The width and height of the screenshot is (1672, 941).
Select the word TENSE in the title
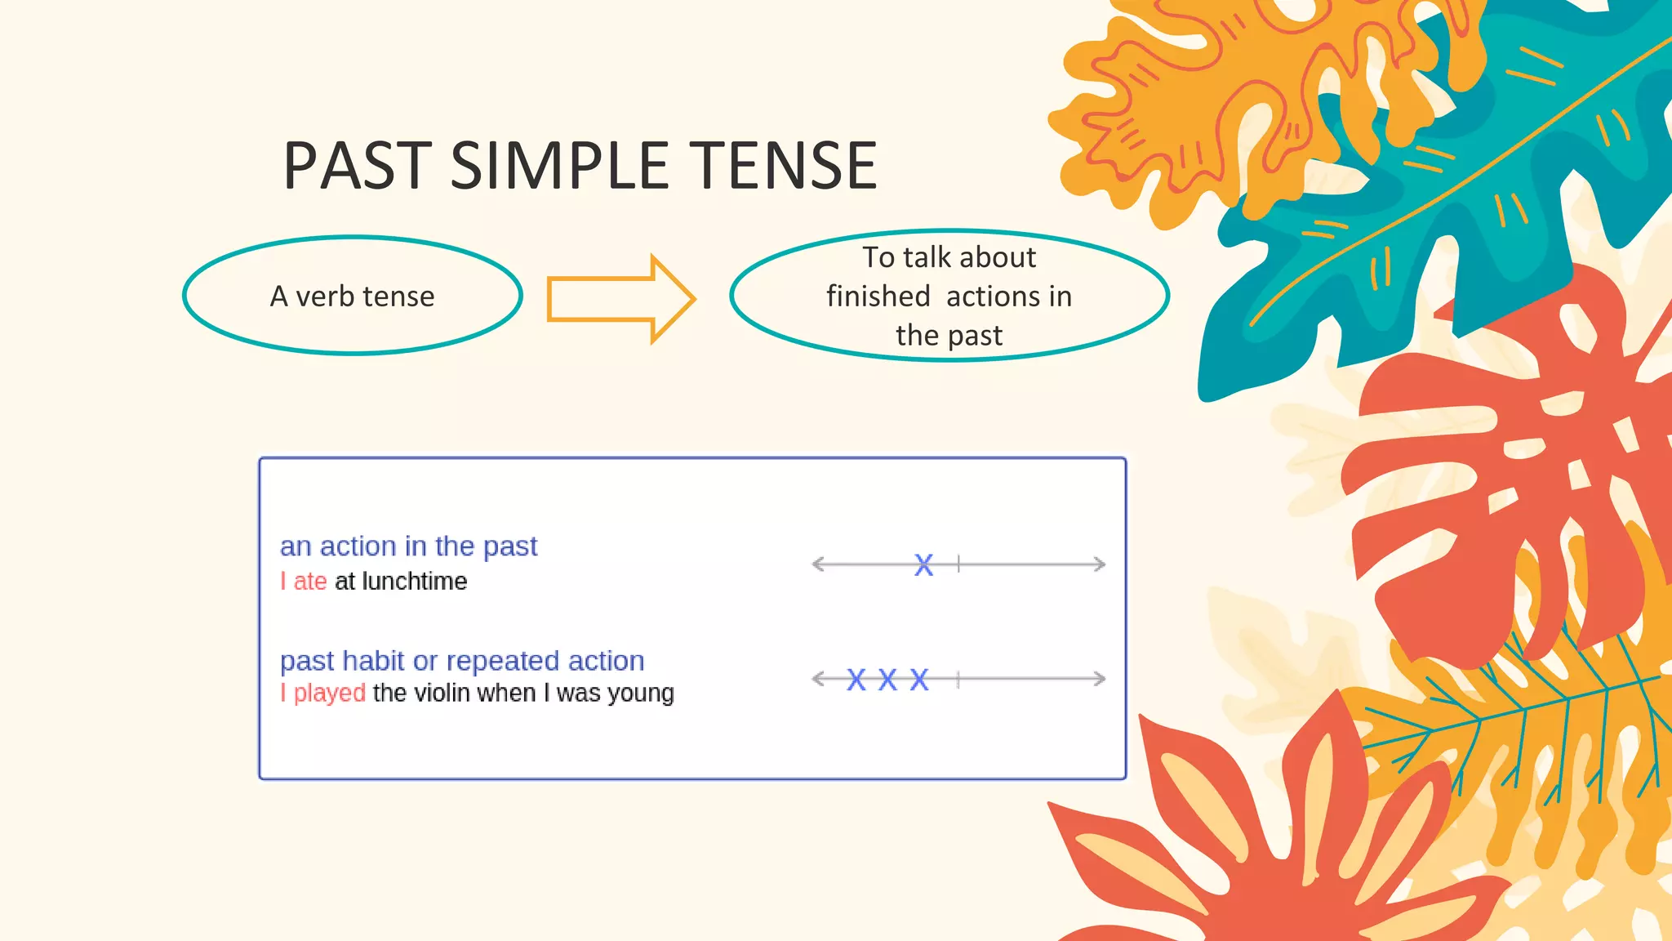pos(783,166)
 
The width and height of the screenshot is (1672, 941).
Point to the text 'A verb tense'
pos(352,297)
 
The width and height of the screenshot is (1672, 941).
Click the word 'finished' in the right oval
pos(878,297)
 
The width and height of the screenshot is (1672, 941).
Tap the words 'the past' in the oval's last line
pos(949,336)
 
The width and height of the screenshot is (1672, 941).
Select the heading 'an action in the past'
pos(408,546)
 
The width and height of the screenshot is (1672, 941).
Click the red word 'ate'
pos(309,582)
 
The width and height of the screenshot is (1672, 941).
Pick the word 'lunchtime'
pos(414,582)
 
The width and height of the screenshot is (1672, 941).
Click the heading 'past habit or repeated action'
pos(462,660)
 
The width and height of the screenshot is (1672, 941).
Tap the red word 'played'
pos(329,693)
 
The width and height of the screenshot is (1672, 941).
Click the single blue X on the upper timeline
pos(923,564)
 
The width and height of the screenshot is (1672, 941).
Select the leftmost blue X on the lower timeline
pos(856,680)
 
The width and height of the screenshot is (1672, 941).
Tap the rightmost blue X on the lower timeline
pos(919,680)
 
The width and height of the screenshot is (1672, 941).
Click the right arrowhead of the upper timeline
pos(1100,564)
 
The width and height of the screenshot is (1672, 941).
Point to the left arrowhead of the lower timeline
pos(818,679)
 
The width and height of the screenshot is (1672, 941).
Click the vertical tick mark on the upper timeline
pos(958,564)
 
